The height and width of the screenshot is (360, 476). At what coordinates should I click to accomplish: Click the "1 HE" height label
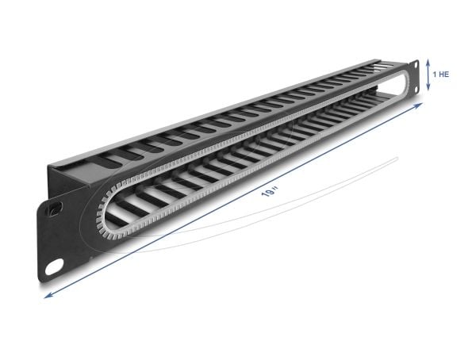pos(440,75)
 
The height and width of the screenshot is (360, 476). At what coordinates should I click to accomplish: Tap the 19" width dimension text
pos(270,192)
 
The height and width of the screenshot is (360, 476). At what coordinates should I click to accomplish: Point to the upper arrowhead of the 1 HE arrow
pos(428,62)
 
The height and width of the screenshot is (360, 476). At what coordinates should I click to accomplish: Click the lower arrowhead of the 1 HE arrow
pos(428,87)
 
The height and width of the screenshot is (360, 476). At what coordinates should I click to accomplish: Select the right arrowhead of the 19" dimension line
pos(419,105)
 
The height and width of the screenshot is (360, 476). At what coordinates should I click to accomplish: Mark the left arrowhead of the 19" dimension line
pos(48,295)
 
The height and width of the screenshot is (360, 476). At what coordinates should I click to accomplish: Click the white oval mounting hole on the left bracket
pos(54,266)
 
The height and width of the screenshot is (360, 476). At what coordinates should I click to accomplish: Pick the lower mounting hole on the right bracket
pos(416,88)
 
